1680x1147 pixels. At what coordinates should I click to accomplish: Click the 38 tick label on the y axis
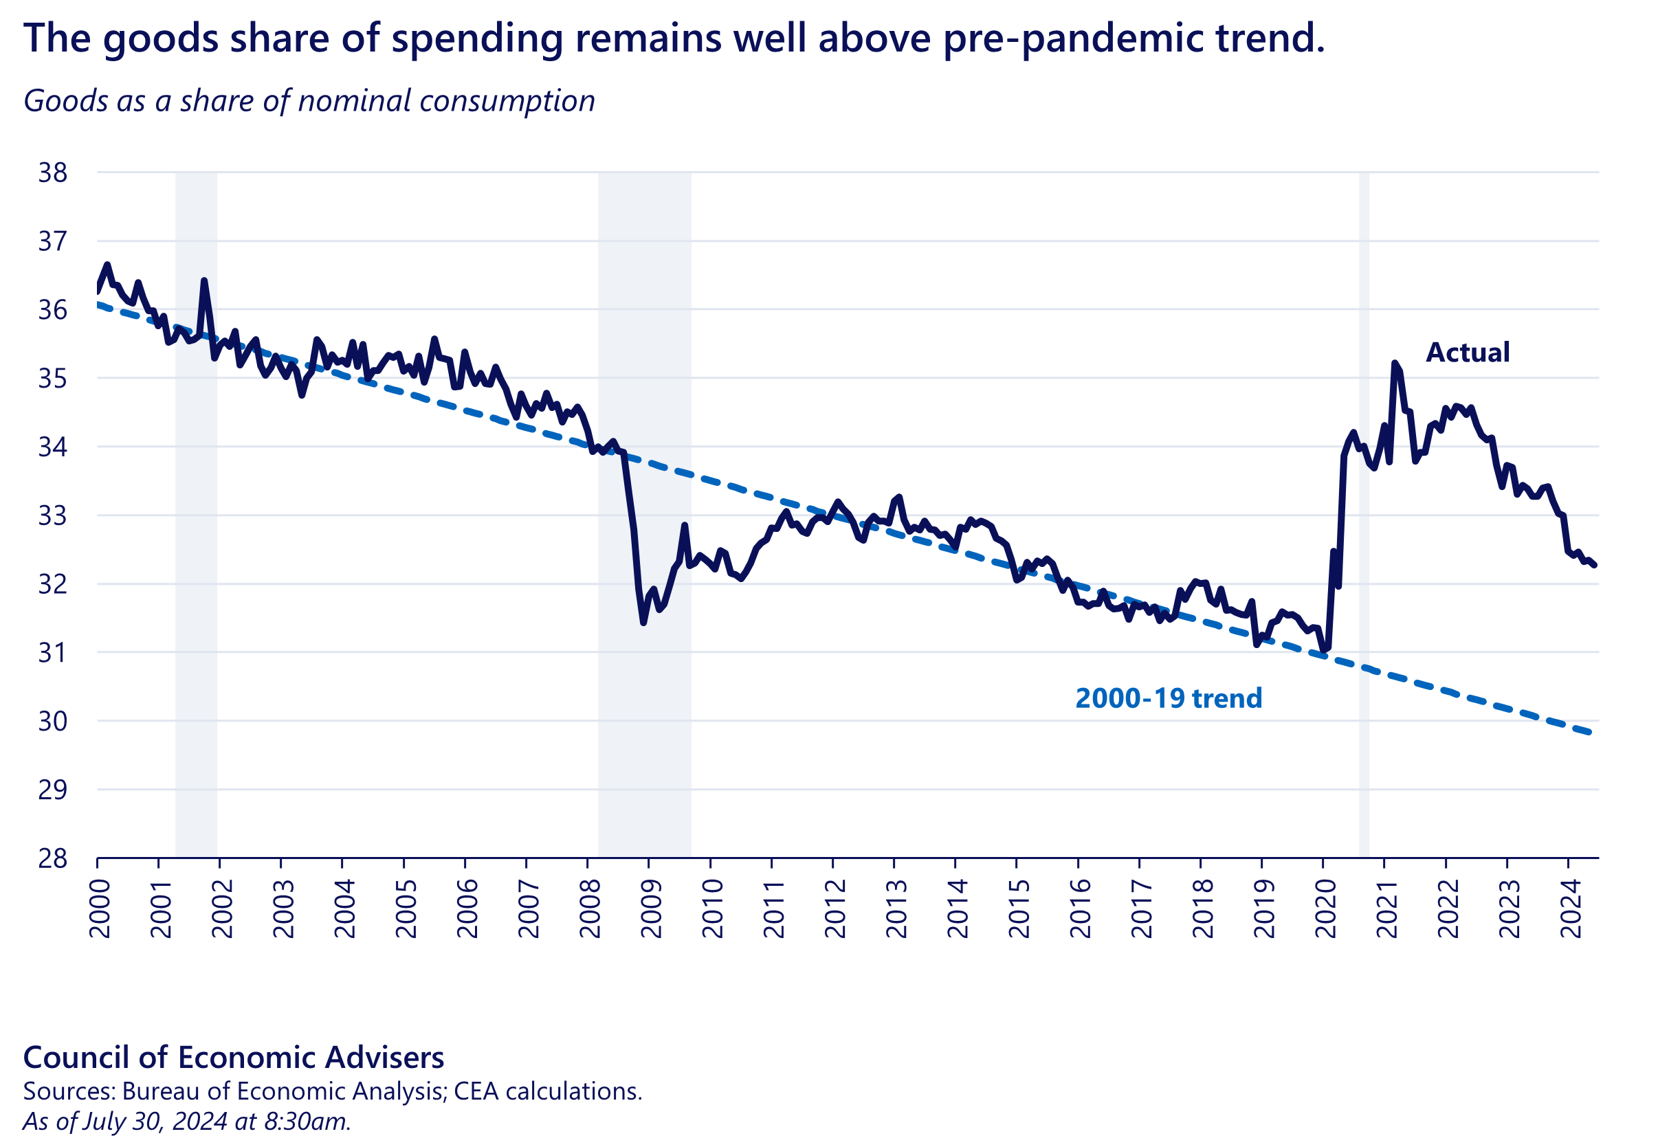pyautogui.click(x=53, y=172)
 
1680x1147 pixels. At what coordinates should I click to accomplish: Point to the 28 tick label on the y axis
pyautogui.click(x=53, y=858)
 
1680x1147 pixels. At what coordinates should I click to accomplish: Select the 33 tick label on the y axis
pyautogui.click(x=53, y=516)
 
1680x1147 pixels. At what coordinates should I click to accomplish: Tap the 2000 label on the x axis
pyautogui.click(x=100, y=909)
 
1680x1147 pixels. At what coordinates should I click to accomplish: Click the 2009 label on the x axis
pyautogui.click(x=652, y=909)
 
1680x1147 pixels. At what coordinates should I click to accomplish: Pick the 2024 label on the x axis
pyautogui.click(x=1571, y=909)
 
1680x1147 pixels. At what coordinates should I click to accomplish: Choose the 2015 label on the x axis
pyautogui.click(x=1019, y=909)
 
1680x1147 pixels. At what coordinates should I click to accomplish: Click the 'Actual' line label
pyautogui.click(x=1468, y=353)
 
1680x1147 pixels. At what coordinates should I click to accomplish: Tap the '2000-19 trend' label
pyautogui.click(x=1168, y=698)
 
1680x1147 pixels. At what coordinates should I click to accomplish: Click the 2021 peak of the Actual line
pyautogui.click(x=1395, y=363)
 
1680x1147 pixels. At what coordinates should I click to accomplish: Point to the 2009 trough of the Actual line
pyautogui.click(x=643, y=622)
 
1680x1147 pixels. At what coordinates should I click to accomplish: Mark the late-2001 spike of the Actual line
pyautogui.click(x=204, y=280)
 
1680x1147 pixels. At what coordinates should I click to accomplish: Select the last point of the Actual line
pyautogui.click(x=1595, y=565)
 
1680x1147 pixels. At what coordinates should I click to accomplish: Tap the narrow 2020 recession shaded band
pyautogui.click(x=1364, y=506)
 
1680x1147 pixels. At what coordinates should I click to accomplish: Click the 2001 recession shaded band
pyautogui.click(x=196, y=578)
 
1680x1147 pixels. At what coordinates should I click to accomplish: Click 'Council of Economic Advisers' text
pyautogui.click(x=234, y=1058)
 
